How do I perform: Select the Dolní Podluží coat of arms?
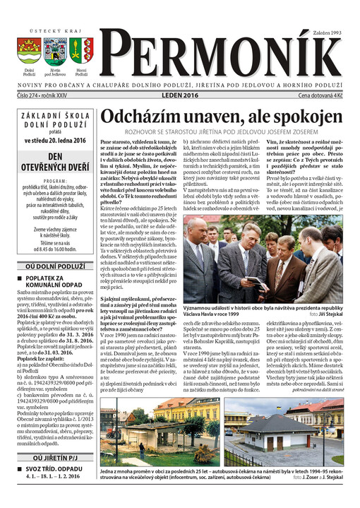pos(29,52)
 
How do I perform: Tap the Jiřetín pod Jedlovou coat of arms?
pos(56,52)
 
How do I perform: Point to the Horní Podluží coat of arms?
pos(82,52)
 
